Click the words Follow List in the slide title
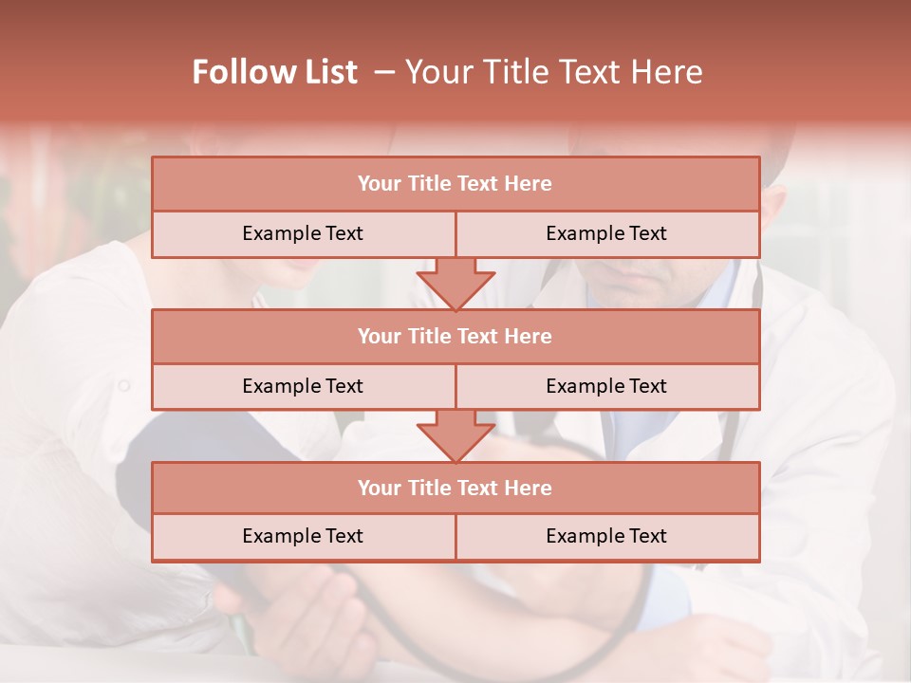[x=275, y=72]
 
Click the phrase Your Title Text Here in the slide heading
[x=554, y=72]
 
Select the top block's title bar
[x=455, y=184]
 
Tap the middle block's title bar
[x=455, y=336]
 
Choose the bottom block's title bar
[x=455, y=488]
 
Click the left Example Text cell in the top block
[x=303, y=233]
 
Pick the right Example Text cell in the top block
[x=606, y=233]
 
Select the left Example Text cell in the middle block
[x=303, y=386]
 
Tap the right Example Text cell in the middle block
[x=606, y=386]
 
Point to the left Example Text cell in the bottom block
[x=303, y=536]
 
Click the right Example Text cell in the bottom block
[x=606, y=536]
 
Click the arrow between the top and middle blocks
[x=455, y=283]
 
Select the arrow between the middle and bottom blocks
[x=455, y=435]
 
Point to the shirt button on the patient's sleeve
[x=122, y=385]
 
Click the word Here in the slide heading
[x=669, y=72]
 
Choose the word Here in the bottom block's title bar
[x=529, y=488]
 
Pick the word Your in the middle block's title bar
[x=380, y=336]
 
